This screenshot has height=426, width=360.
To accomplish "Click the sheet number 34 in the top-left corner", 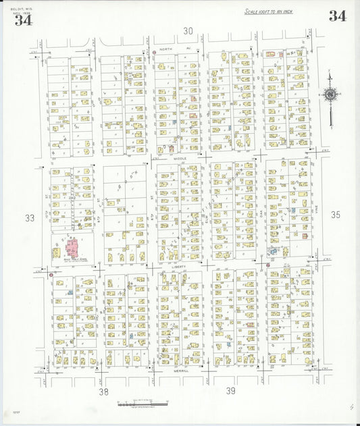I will coord(23,20).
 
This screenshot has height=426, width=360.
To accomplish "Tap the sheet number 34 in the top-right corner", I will coord(338,16).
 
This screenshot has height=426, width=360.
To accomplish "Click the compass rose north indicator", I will coord(330,95).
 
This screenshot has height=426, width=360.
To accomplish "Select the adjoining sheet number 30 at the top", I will coord(188,30).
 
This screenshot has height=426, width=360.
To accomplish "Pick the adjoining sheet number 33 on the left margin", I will coord(29,218).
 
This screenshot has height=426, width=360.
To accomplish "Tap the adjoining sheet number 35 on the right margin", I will coord(336,215).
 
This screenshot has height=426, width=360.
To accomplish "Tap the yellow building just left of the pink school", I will coord(56,253).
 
